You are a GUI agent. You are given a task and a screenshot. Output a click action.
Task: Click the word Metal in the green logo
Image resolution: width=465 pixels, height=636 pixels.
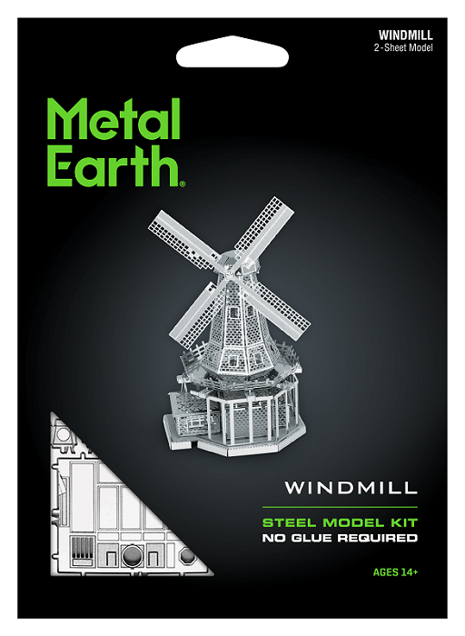[114, 119]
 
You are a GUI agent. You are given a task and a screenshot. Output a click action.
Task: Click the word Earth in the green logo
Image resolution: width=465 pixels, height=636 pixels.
[114, 165]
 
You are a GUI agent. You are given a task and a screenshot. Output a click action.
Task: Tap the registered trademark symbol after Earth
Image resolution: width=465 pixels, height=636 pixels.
[183, 184]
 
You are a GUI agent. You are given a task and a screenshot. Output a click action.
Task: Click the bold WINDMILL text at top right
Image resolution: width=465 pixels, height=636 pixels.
[405, 35]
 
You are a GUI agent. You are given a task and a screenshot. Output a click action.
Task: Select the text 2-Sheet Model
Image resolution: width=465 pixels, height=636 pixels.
[403, 48]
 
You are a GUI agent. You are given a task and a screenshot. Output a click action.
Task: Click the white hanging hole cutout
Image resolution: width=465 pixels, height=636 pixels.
[232, 52]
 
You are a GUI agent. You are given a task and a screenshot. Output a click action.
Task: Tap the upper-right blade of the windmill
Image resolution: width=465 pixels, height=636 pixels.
[263, 228]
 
